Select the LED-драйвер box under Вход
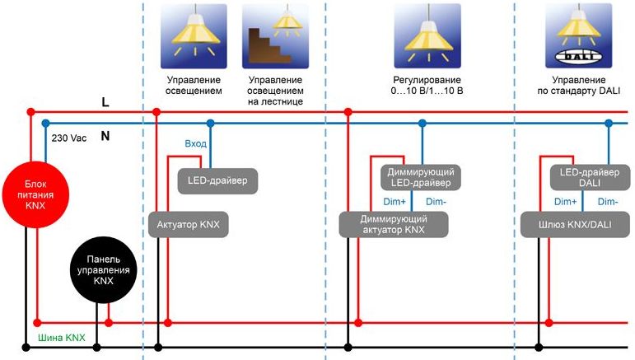tap(217, 180)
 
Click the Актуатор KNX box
tap(188, 224)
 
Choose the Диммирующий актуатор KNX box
tap(394, 224)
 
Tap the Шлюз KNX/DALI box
tap(569, 224)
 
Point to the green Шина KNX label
tap(62, 338)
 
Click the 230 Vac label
tap(68, 138)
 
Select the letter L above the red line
tap(105, 102)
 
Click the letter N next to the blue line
tap(105, 136)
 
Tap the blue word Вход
tap(196, 143)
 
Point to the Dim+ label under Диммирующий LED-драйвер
tap(394, 201)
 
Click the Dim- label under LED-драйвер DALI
tap(607, 201)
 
